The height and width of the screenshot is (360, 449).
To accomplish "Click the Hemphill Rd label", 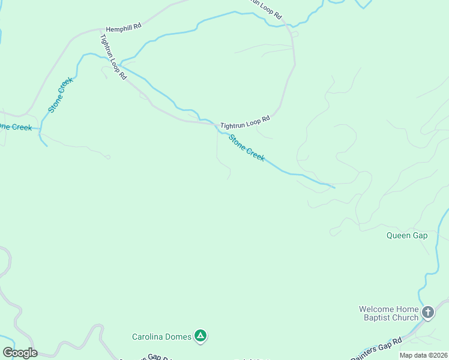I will (123, 28).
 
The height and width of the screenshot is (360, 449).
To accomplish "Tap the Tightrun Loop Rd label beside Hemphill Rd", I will (113, 57).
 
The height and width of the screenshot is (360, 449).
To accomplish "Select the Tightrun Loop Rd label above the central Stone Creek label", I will (245, 122).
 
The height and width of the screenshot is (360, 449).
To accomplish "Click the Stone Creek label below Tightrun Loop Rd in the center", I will (246, 148).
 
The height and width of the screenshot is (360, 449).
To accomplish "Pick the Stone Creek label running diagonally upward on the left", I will (61, 95).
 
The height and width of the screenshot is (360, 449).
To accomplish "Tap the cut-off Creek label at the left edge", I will (15, 127).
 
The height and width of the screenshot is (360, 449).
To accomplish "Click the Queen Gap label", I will (407, 236).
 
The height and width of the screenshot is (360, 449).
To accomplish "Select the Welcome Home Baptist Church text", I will (388, 313).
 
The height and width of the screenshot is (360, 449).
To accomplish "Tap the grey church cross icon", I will (427, 312).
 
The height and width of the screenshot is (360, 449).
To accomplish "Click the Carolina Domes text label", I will (162, 337).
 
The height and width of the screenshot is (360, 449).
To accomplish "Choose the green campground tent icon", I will (201, 337).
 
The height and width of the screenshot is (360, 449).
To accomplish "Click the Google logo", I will (20, 353).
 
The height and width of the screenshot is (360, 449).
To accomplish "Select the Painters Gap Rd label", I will (379, 351).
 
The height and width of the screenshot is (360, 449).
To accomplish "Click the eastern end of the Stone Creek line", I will (334, 187).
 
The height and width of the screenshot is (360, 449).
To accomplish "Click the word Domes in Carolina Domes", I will (179, 337).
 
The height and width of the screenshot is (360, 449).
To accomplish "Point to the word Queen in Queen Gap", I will (399, 236).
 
